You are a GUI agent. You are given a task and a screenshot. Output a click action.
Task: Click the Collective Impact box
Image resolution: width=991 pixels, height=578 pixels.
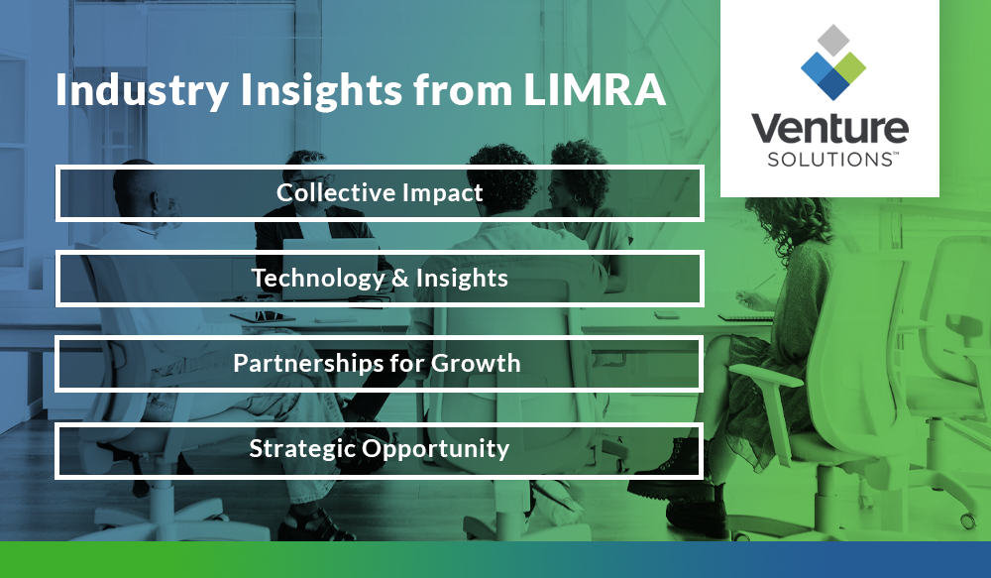380,192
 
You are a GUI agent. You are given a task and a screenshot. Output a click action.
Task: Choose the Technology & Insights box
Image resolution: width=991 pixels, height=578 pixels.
380,279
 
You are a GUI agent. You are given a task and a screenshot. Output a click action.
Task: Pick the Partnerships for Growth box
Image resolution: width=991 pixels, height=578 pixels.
380,363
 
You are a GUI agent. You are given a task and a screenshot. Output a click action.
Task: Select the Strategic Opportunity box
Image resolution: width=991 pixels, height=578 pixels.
380,449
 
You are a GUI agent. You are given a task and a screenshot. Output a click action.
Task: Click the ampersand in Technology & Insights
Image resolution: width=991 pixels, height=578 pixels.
400,279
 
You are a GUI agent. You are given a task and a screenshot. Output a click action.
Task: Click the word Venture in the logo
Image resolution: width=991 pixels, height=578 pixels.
829,129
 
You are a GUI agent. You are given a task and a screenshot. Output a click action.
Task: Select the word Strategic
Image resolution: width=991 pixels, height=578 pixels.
301,449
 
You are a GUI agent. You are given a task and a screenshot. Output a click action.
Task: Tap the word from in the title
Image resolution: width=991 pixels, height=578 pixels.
459,90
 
